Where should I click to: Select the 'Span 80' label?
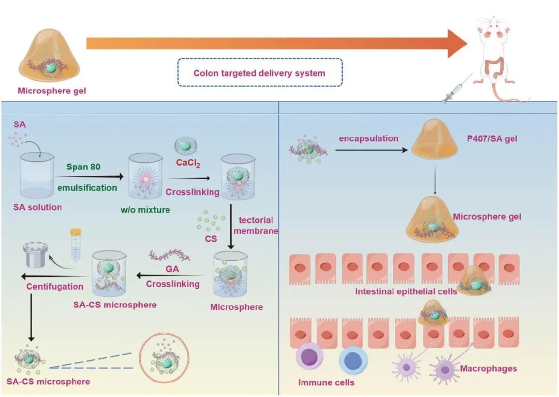click(83, 167)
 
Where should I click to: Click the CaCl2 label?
click(188, 163)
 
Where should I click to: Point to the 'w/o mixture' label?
click(145, 209)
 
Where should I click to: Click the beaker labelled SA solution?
click(37, 175)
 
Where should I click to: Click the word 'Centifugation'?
click(55, 286)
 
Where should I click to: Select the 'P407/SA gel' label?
click(492, 138)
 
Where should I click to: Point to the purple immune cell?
click(310, 357)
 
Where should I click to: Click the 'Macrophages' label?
click(489, 368)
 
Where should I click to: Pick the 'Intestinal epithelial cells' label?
click(406, 292)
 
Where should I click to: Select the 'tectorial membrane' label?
click(256, 225)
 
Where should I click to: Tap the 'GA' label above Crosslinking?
click(172, 269)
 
